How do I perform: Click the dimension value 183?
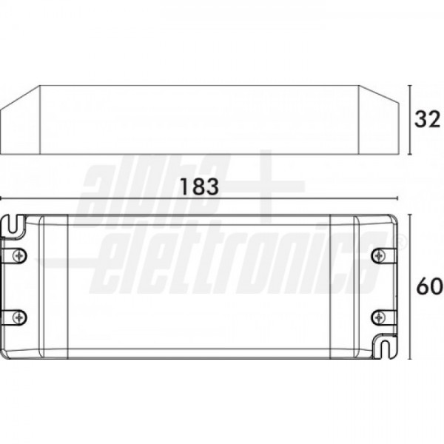(x=200, y=186)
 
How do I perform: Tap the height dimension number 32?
(x=428, y=119)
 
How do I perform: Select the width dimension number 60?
(x=429, y=286)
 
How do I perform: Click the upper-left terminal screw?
(x=19, y=256)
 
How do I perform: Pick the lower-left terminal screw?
(x=19, y=317)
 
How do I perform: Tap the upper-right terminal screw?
(x=378, y=256)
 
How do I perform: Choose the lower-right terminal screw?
(x=378, y=317)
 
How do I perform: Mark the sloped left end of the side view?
(x=20, y=121)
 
